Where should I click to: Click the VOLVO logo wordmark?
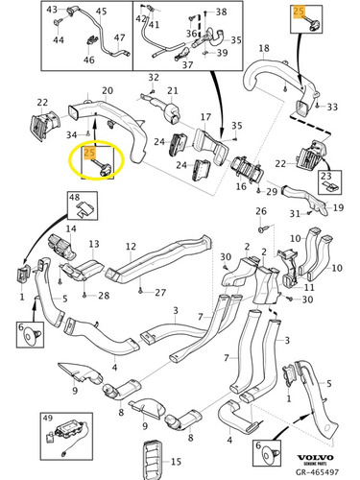[316, 458]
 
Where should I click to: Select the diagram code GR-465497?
[317, 471]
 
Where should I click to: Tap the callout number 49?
[47, 419]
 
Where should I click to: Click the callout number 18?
[264, 48]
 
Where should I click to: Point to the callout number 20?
[108, 90]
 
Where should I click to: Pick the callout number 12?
[131, 247]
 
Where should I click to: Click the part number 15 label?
[176, 462]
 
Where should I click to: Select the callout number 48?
[75, 197]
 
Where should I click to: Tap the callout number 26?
[261, 211]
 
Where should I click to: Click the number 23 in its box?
[326, 176]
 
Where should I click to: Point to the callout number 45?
[101, 12]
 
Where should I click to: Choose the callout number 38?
[221, 12]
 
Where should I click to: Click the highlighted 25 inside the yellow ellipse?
[89, 153]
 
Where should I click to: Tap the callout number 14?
[71, 228]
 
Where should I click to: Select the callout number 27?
[160, 293]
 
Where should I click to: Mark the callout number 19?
[338, 207]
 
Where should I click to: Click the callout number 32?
[154, 77]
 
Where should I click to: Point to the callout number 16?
[241, 186]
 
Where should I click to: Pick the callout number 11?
[309, 287]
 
